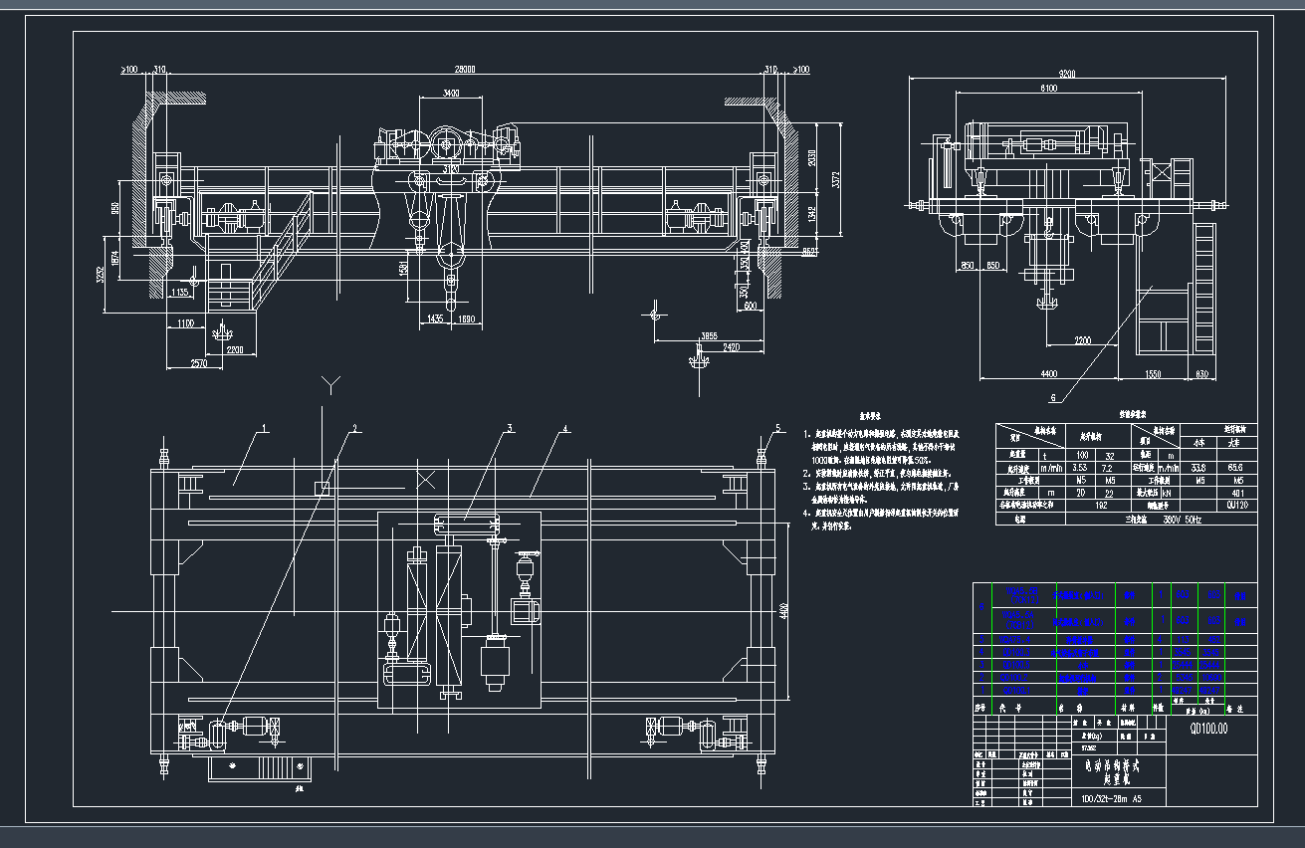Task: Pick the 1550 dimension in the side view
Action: [1152, 373]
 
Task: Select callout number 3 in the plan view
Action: [510, 429]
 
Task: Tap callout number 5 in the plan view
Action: [778, 429]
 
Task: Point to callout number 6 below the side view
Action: [1054, 397]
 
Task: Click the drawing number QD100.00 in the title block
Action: [1208, 729]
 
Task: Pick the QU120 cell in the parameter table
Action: [1237, 505]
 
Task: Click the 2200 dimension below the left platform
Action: [235, 350]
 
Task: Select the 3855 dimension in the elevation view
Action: [709, 335]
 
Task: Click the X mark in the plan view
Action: [425, 480]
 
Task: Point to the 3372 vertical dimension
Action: [836, 179]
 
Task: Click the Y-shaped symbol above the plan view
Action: [332, 383]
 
